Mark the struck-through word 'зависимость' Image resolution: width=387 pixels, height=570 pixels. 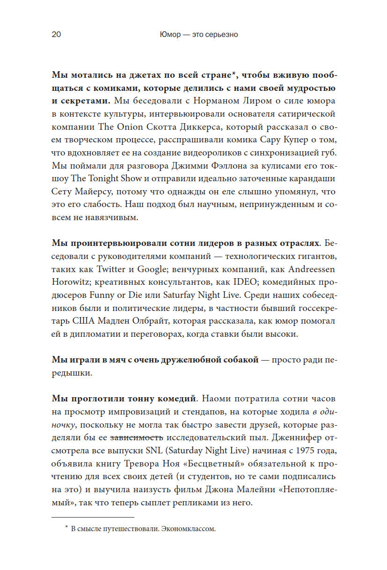tap(137, 438)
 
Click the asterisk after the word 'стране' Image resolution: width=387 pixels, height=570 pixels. tap(235, 74)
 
